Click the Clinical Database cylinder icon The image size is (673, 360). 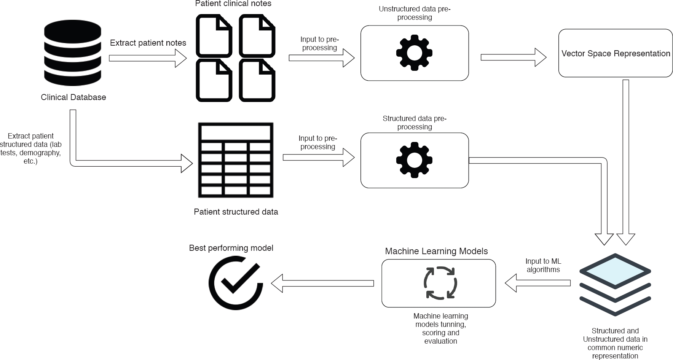click(73, 53)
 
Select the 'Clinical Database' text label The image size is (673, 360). click(73, 97)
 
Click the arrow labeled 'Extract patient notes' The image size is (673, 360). click(148, 58)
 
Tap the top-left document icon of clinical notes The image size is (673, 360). click(214, 36)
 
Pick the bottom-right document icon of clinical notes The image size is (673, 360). click(257, 80)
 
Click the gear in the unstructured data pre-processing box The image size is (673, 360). click(414, 53)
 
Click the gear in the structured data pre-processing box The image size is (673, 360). click(414, 160)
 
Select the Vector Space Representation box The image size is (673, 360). click(615, 53)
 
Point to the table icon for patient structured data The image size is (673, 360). click(236, 160)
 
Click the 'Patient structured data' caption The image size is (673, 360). click(236, 212)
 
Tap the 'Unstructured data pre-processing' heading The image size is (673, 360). click(415, 13)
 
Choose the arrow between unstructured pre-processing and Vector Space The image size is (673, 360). click(513, 57)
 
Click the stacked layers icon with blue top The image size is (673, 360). click(615, 284)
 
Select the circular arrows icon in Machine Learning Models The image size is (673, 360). click(440, 283)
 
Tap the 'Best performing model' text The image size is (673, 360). click(231, 248)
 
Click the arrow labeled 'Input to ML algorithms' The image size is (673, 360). click(537, 283)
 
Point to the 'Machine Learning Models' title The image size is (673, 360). click(436, 251)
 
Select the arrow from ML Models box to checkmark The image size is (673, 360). click(322, 283)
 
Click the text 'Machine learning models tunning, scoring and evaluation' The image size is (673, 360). click(440, 328)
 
